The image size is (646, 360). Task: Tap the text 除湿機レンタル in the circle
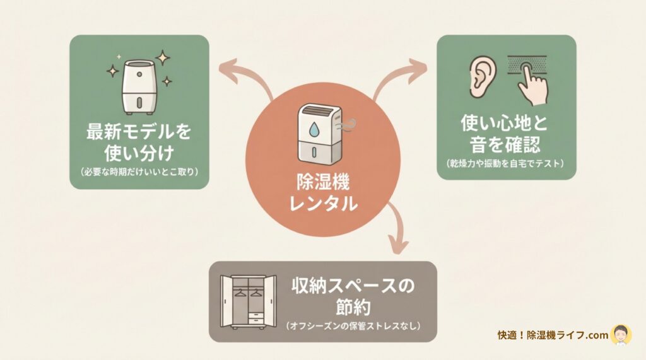click(323, 193)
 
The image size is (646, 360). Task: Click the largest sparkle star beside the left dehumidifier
click(163, 58)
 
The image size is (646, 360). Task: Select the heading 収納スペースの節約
click(353, 296)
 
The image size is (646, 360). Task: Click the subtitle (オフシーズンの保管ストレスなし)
click(353, 326)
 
